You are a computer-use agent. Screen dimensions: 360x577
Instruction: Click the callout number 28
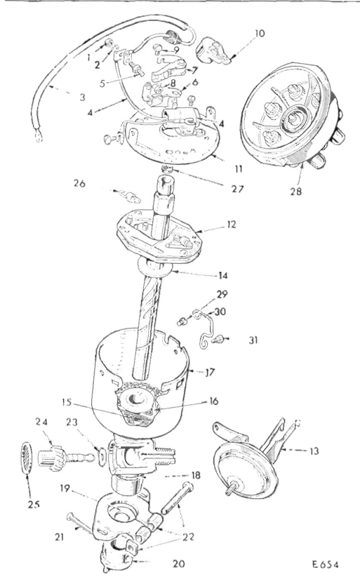tap(295, 192)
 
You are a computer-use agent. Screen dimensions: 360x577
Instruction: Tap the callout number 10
tap(259, 34)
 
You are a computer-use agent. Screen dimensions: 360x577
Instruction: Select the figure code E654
tap(325, 564)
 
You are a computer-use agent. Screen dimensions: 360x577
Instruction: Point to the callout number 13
tap(314, 451)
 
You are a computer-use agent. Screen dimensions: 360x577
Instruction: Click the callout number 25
tap(34, 504)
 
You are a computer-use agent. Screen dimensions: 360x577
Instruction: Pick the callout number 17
tap(210, 373)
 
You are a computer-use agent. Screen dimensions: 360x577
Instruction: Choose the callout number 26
tap(79, 183)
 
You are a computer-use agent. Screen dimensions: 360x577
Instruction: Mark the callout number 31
tap(253, 340)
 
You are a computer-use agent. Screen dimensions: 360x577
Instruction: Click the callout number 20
tap(178, 564)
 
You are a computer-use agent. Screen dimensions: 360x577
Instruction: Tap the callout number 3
tap(82, 97)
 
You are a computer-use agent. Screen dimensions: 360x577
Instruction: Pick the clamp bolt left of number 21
tap(79, 524)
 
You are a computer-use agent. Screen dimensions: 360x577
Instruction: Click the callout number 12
tap(232, 224)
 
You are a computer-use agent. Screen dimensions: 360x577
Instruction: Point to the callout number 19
tap(65, 489)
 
